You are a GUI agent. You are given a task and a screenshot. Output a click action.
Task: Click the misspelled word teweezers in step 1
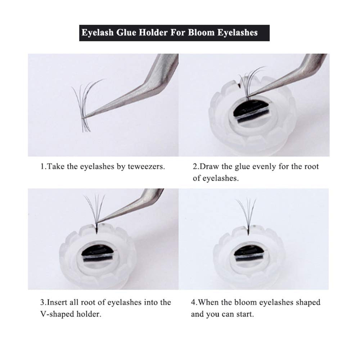click(x=146, y=166)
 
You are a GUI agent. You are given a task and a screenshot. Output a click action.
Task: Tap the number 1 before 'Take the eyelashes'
click(x=42, y=166)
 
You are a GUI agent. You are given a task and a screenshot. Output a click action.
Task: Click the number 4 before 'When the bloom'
click(x=193, y=302)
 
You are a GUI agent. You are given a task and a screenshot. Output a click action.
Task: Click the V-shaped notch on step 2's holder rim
click(x=239, y=85)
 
